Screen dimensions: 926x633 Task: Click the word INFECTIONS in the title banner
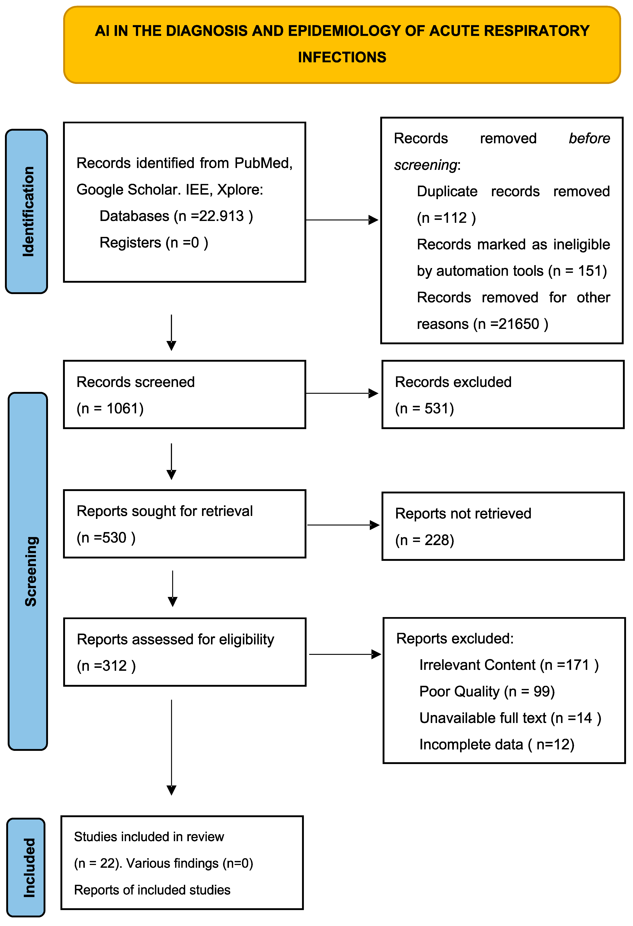(342, 57)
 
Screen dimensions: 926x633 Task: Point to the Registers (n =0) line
(154, 243)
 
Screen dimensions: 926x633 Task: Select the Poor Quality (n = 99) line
(487, 691)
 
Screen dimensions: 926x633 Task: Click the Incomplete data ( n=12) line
(496, 744)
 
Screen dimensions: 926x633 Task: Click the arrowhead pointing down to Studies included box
(171, 790)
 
